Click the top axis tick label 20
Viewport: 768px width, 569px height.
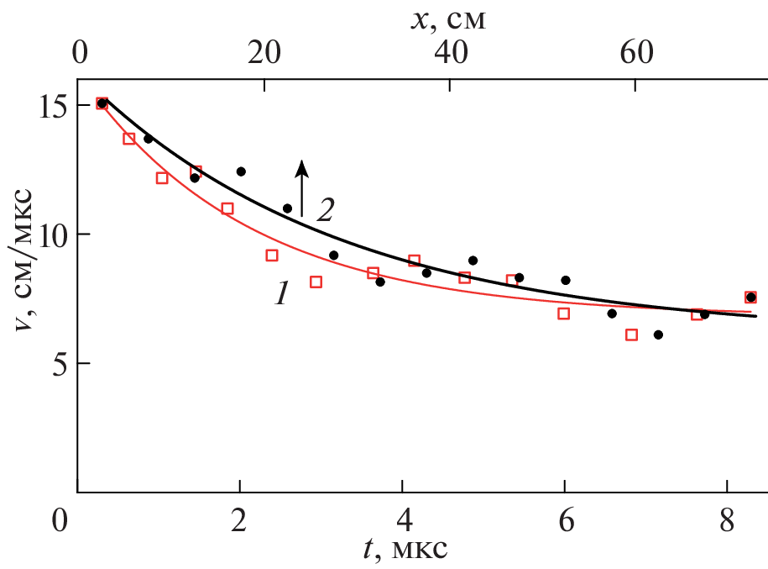coord(264,52)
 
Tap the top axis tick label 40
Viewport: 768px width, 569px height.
coord(452,52)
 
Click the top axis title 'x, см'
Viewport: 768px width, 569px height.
coord(449,18)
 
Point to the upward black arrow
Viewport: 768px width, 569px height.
coord(303,189)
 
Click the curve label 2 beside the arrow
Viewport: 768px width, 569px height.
coord(325,212)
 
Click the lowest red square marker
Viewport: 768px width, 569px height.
coord(631,335)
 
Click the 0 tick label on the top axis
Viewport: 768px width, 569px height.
coord(80,52)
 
